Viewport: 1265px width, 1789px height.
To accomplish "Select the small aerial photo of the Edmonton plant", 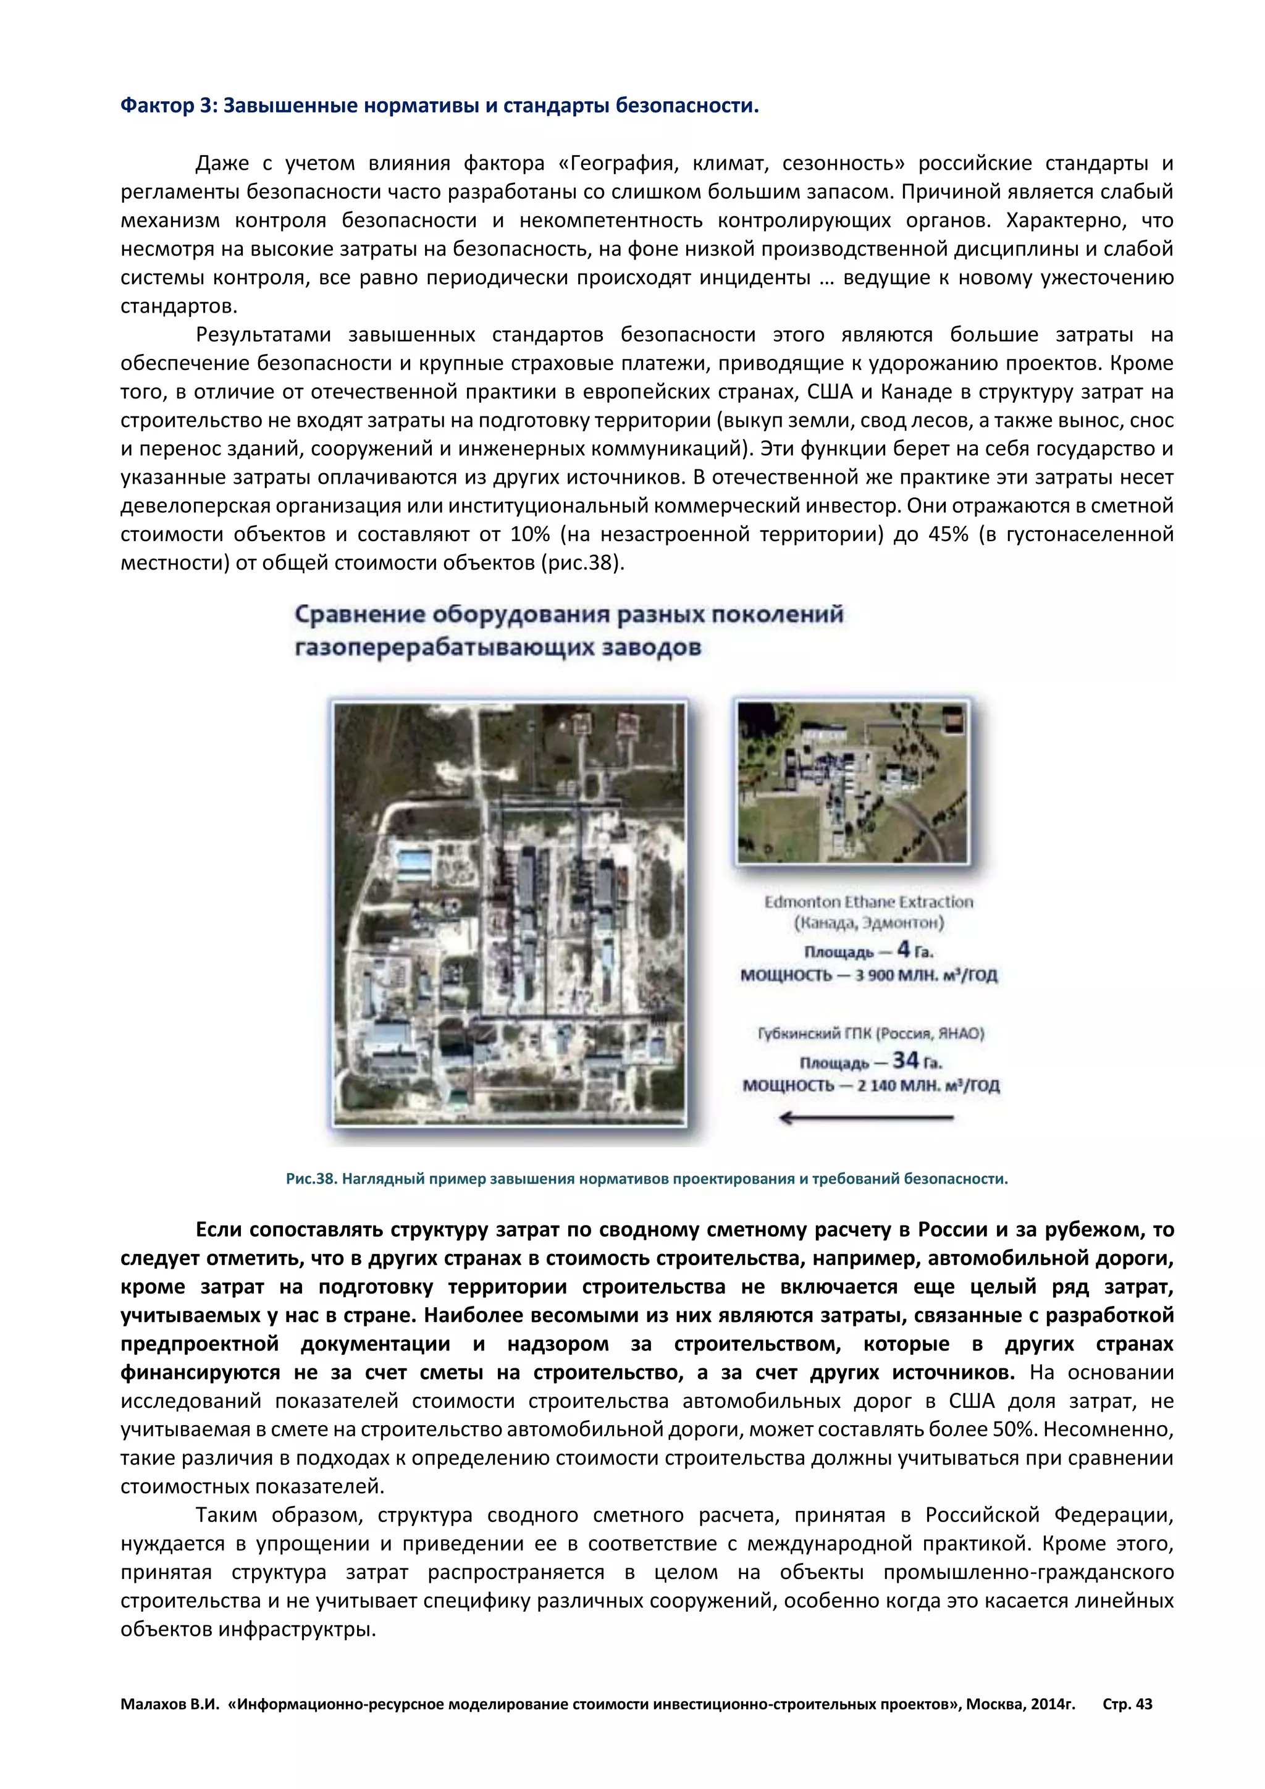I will (852, 782).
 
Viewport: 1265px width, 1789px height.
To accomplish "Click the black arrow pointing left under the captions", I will (865, 1119).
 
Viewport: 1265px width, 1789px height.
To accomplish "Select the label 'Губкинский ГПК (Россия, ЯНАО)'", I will (871, 1034).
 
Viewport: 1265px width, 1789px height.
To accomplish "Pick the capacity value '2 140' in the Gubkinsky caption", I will (875, 1086).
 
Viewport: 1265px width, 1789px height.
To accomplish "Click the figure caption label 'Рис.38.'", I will (311, 1179).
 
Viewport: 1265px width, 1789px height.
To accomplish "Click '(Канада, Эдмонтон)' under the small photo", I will (868, 924).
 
